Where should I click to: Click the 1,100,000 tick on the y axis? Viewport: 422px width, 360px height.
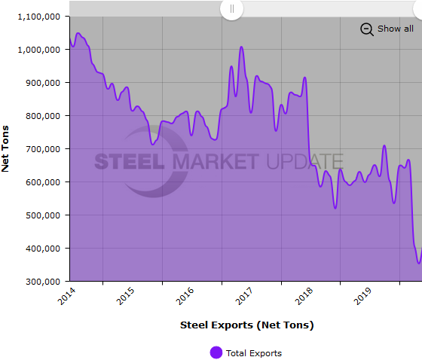click(x=38, y=17)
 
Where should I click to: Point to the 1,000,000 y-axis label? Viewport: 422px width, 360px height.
click(x=38, y=50)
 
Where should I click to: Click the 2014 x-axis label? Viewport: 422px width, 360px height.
click(x=67, y=296)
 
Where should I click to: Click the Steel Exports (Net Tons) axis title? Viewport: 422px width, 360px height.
click(x=246, y=325)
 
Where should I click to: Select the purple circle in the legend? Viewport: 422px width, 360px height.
click(x=216, y=352)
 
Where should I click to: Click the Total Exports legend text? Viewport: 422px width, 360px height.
click(x=253, y=352)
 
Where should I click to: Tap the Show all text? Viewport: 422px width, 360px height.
click(x=395, y=29)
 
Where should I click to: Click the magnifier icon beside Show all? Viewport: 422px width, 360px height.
click(x=367, y=29)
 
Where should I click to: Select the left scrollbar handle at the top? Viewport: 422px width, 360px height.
click(x=232, y=8)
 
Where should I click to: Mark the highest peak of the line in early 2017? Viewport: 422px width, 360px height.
click(x=241, y=47)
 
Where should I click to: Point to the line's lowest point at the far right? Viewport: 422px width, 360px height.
click(x=419, y=263)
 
